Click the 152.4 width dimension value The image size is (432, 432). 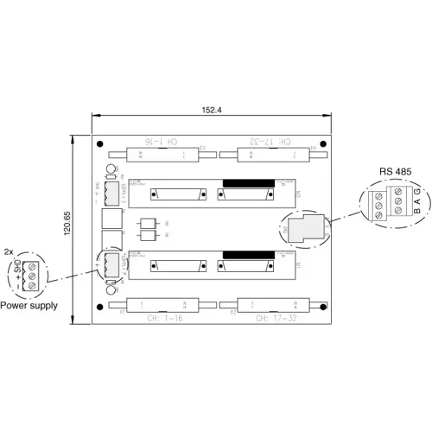tap(212, 111)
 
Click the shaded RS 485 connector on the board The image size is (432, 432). tap(303, 227)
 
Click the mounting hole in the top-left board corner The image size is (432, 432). tap(101, 144)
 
